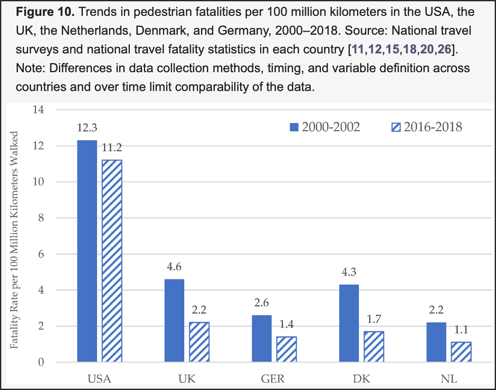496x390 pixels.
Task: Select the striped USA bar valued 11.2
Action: [112, 261]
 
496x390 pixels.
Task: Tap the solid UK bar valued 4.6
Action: [174, 320]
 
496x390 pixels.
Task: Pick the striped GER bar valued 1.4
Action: [287, 349]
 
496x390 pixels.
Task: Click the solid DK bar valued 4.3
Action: [349, 323]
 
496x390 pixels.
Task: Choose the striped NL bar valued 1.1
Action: [461, 352]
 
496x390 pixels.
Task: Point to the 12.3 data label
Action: [87, 128]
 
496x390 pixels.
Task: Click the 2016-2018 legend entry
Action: [426, 127]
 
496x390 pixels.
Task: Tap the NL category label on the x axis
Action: [450, 378]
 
